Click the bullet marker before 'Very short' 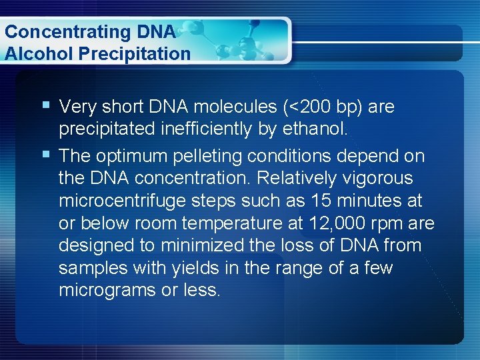coord(45,105)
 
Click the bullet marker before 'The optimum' coord(45,155)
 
